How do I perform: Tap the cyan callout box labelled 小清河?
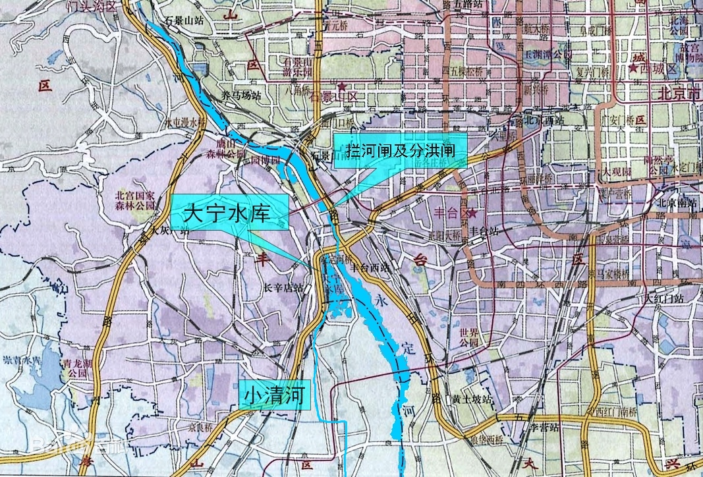point(275,396)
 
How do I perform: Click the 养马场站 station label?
point(242,96)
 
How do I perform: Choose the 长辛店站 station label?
point(283,288)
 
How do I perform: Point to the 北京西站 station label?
point(544,121)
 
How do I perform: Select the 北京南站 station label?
point(678,205)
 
